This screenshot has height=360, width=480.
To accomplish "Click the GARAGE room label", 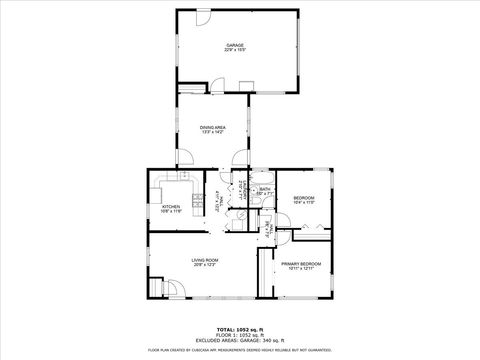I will coord(235,45).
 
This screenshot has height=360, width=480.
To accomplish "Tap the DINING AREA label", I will coord(211,126).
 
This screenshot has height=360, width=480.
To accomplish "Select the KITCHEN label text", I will coord(171,206).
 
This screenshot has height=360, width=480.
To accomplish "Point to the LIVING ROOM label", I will coord(205,260).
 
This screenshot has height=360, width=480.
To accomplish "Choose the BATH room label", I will coord(265,189).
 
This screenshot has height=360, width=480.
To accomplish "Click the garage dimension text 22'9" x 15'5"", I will coord(235,50).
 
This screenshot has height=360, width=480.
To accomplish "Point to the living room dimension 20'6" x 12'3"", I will coord(205,265).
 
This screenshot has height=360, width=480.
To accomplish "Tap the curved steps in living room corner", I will coord(171,289).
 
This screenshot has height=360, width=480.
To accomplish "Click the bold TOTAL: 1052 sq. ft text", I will coord(239,329).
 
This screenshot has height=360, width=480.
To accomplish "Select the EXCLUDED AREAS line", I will coord(239,339).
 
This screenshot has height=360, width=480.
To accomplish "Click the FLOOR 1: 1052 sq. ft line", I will coord(239,334).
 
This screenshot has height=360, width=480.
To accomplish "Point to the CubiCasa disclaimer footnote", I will coord(239,349).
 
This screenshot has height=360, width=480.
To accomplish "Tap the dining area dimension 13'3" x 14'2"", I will coord(211,131).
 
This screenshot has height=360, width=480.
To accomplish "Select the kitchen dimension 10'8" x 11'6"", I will coord(171,211).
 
